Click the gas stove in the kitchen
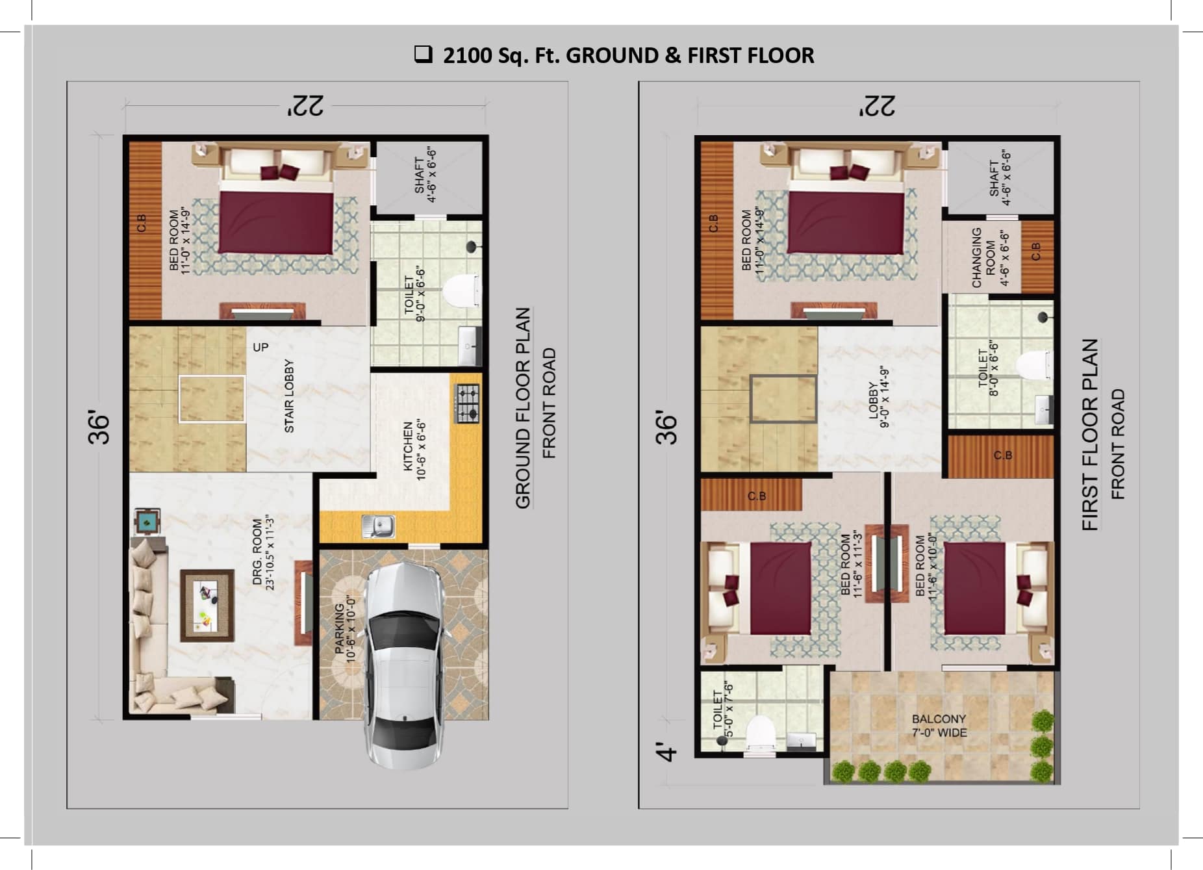pos(466,403)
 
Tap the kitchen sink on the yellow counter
pos(378,526)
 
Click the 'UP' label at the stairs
pos(260,348)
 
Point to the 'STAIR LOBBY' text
pos(289,396)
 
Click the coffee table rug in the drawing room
pos(207,606)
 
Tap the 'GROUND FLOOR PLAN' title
pos(523,408)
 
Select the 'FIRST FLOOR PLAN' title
pos(1090,434)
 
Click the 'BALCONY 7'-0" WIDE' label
pos(939,726)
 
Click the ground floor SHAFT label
pos(425,175)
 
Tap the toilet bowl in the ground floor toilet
pos(461,290)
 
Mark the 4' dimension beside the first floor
pos(666,752)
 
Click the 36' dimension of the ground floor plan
pos(99,427)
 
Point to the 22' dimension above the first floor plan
pos(876,106)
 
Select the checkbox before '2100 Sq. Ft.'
pos(424,54)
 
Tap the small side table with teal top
pos(147,520)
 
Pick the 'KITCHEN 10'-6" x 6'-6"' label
pos(414,450)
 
